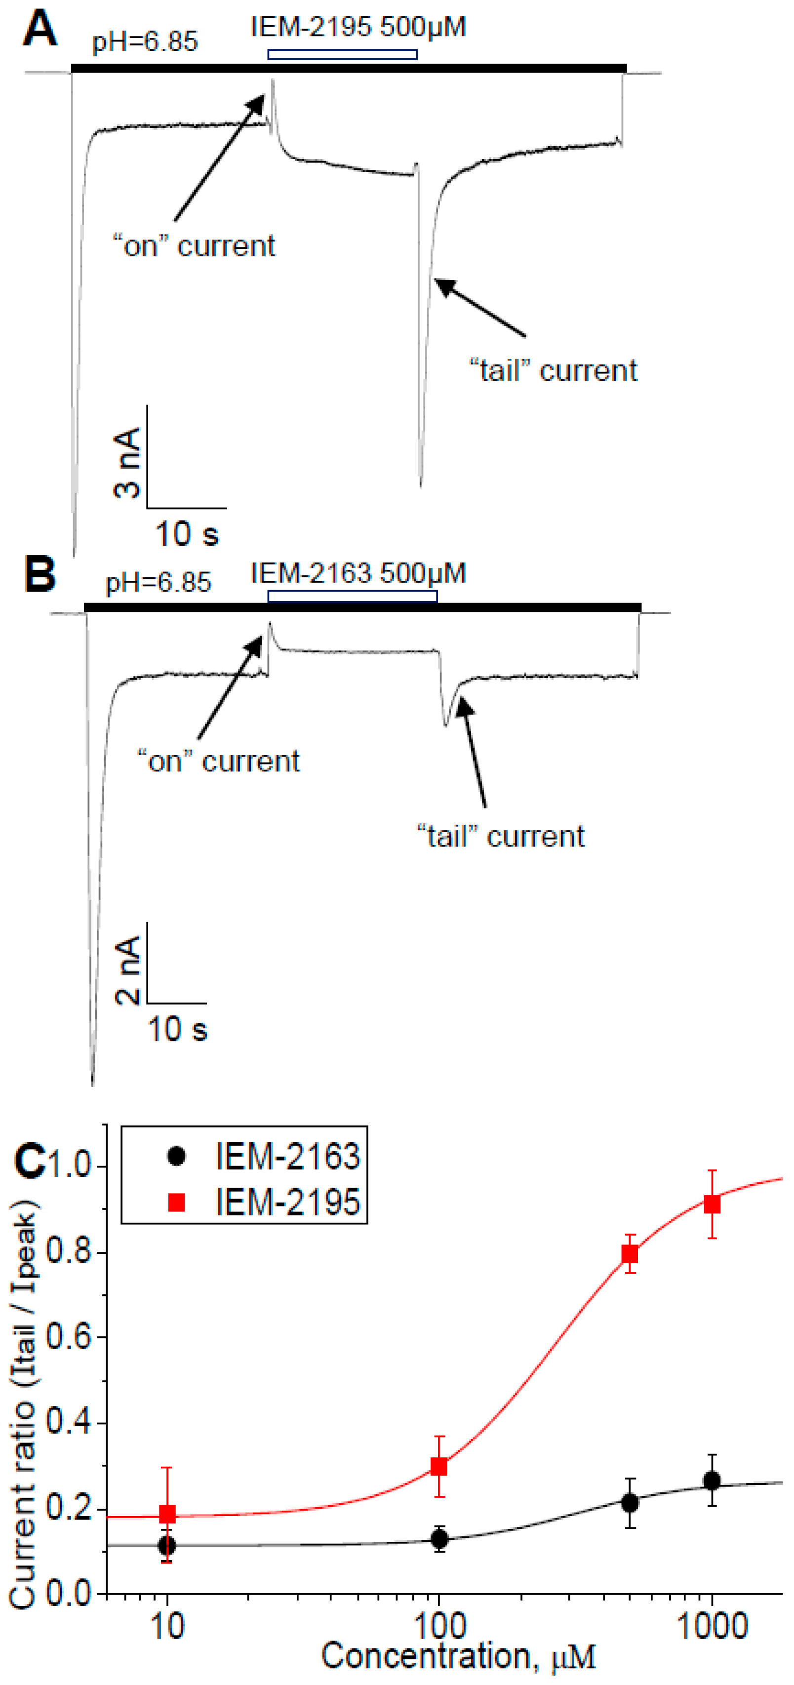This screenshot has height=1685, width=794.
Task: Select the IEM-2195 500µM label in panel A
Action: click(x=358, y=28)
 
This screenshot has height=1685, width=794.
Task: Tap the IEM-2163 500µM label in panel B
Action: click(x=358, y=574)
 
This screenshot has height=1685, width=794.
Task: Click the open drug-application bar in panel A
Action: click(x=342, y=54)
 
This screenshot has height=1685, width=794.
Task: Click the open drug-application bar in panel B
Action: click(x=352, y=596)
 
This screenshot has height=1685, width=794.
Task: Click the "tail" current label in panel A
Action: click(x=554, y=371)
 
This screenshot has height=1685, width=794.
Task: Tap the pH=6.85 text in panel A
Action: click(x=145, y=42)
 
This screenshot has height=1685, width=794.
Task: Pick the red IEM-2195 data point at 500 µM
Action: click(x=629, y=1254)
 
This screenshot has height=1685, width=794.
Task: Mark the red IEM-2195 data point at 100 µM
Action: click(x=439, y=1467)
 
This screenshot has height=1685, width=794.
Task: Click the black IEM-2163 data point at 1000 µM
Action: click(x=712, y=1481)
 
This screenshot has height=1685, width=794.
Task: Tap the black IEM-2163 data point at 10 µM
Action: click(x=167, y=1546)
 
